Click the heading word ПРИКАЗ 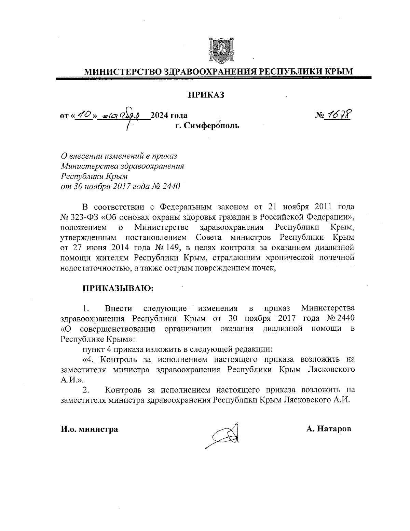(205, 95)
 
